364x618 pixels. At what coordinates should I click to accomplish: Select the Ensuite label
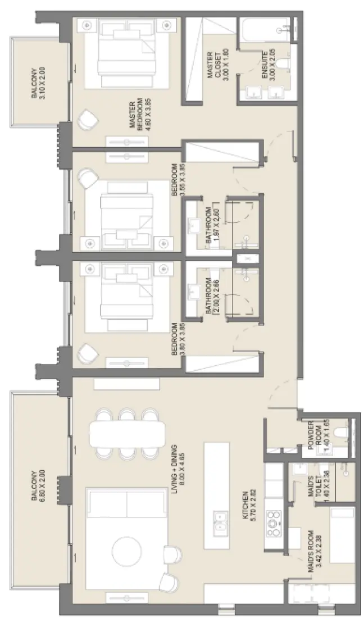[275, 66]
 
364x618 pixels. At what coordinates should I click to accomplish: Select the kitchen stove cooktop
[274, 523]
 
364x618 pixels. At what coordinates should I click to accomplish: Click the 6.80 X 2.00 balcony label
[37, 485]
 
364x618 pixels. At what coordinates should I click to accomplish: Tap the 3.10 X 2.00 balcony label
[37, 83]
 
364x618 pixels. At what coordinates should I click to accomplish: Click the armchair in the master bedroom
[87, 120]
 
